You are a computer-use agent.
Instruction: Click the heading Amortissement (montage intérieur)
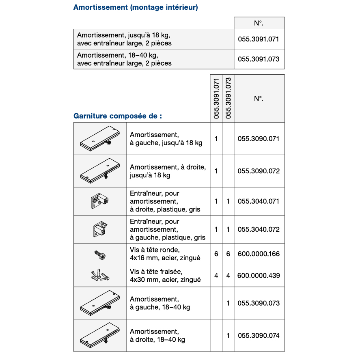click(136, 7)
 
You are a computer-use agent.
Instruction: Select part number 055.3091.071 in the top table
click(259, 39)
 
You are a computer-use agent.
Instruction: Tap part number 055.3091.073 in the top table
click(259, 59)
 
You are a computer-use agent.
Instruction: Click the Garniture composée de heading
click(118, 116)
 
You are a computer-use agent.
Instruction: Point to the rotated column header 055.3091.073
click(228, 98)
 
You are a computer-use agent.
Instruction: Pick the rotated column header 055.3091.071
click(216, 98)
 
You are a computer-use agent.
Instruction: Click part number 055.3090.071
click(259, 139)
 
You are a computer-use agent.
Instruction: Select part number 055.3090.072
click(259, 171)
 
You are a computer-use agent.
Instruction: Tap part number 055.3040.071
click(259, 201)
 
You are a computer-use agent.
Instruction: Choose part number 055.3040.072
click(259, 230)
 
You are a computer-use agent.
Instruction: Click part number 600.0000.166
click(259, 254)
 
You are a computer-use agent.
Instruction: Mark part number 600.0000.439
click(259, 276)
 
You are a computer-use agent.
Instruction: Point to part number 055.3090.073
click(259, 303)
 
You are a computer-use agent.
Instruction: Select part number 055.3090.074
click(259, 336)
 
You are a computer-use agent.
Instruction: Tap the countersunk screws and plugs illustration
click(100, 276)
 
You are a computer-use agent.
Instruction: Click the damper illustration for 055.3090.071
click(100, 139)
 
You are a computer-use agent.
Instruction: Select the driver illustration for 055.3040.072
click(100, 230)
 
